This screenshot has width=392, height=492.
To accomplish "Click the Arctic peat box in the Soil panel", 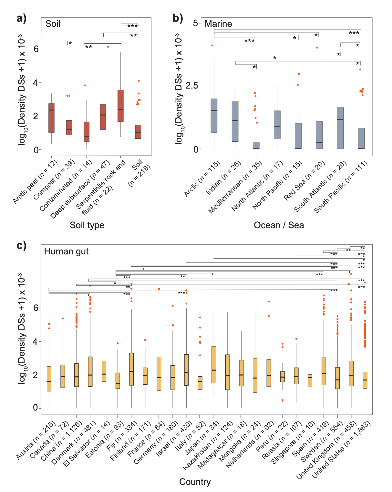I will tap(51, 118).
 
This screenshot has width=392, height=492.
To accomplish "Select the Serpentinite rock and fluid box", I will tap(120, 106).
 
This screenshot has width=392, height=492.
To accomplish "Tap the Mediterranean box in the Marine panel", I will tap(256, 145).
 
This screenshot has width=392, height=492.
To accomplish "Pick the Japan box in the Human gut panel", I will tap(214, 364).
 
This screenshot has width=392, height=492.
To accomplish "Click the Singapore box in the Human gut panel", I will tap(310, 380).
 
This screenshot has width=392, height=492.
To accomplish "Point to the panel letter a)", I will tap(21, 18).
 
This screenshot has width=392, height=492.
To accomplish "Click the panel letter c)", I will tap(21, 246).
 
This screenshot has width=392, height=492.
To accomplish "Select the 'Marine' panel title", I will tap(218, 24).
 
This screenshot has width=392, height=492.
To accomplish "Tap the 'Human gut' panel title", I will tap(66, 251).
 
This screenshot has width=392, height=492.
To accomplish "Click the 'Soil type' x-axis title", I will tap(87, 225).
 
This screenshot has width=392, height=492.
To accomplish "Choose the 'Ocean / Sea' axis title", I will tap(279, 225).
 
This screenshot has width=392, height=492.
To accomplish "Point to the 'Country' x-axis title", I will tap(195, 482).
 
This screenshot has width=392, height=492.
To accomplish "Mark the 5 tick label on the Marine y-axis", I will tap(195, 23).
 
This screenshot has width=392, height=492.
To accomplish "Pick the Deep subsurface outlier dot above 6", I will tap(108, 47).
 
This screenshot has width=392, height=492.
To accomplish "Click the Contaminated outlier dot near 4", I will tap(85, 85).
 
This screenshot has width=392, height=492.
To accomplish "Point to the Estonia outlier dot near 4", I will tap(118, 343).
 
